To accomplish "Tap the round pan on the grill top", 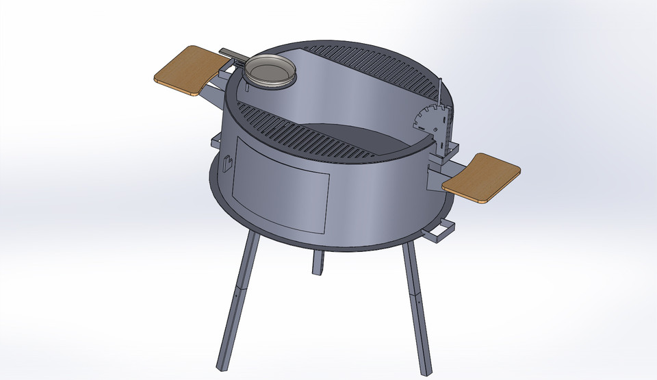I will [271, 71].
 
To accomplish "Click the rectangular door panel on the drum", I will [281, 185].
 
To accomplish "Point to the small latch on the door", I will [228, 164].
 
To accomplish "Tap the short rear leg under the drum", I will [317, 262].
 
